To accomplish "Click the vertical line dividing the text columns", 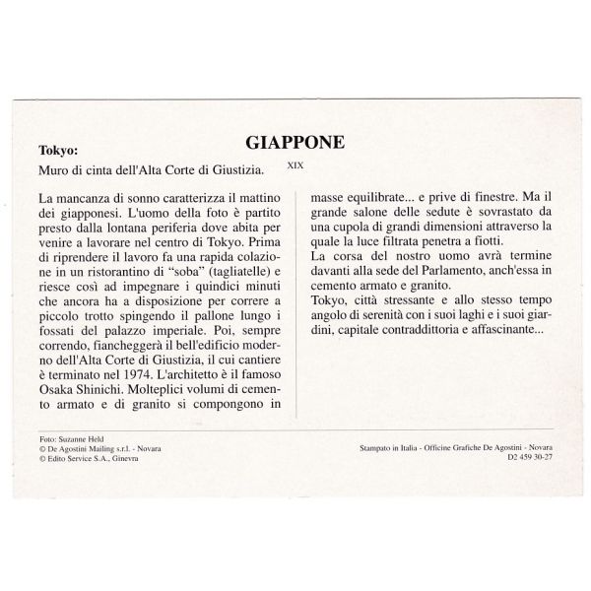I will (x=298, y=295).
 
